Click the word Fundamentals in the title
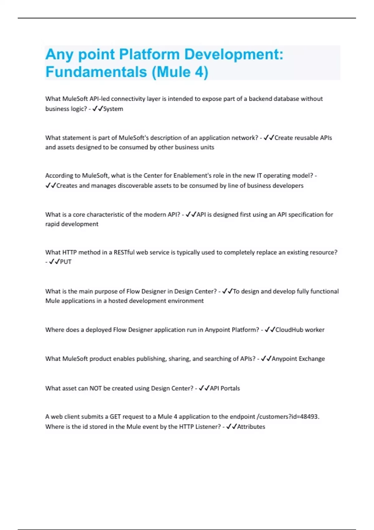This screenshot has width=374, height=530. [x=96, y=72]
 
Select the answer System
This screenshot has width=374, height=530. [x=113, y=109]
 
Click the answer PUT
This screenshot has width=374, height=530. [x=66, y=262]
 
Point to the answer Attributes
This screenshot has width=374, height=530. [x=251, y=427]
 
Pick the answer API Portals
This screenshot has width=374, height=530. [x=225, y=388]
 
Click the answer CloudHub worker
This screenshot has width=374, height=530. [x=300, y=330]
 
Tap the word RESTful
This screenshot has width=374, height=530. [x=124, y=252]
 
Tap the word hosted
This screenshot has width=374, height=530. [x=117, y=301]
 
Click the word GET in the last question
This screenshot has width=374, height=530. [x=115, y=417]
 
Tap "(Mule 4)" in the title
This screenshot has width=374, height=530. [x=180, y=72]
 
